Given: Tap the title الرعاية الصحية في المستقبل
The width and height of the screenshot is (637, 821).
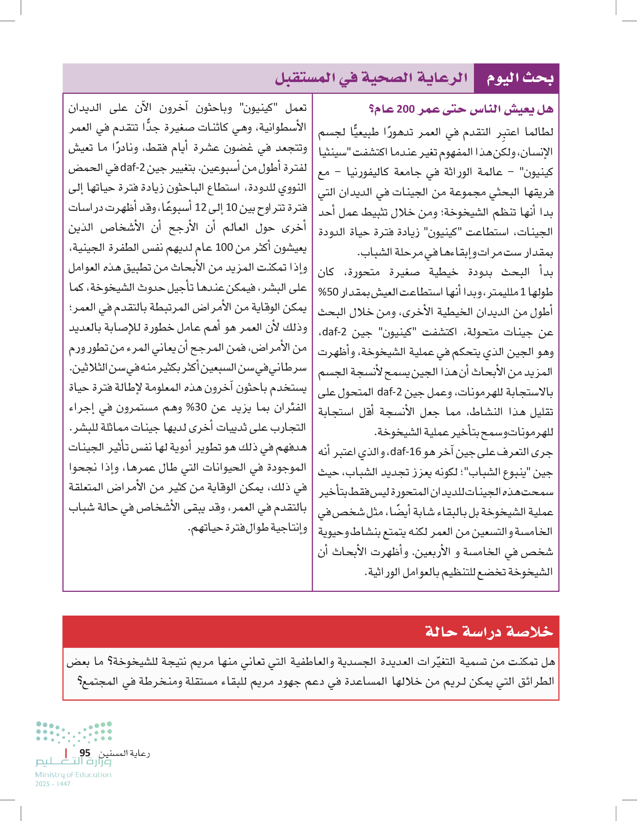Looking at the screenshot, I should (x=371, y=78).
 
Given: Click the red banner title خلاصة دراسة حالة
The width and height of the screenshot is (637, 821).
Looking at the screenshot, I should (x=489, y=631).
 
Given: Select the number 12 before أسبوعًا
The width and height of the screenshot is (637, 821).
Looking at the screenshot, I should (x=200, y=208).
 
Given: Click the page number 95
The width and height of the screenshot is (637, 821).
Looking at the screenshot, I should (x=85, y=753).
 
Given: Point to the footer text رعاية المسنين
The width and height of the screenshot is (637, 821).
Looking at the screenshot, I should (x=124, y=753).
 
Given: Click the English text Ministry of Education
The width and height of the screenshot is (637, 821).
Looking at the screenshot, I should (x=73, y=775).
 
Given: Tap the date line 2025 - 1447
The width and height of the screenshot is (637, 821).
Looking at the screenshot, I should (x=53, y=784).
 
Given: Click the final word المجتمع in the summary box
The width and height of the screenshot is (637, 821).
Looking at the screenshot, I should (x=95, y=681).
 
